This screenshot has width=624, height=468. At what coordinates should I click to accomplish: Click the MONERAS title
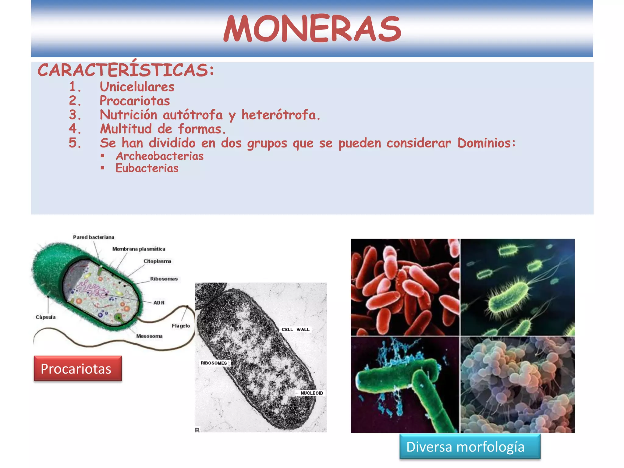(x=312, y=29)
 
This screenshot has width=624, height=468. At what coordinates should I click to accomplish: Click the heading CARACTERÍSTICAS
(x=126, y=70)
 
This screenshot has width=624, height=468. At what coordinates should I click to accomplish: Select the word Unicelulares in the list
(x=137, y=87)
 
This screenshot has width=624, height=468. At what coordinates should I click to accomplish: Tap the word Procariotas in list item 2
(x=135, y=101)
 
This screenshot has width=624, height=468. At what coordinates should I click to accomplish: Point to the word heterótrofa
(x=280, y=115)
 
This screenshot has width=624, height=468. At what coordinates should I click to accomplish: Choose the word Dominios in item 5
(x=486, y=143)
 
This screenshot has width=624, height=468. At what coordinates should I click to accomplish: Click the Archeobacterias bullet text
(x=160, y=156)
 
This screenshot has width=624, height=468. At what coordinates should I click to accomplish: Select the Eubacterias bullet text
(x=147, y=168)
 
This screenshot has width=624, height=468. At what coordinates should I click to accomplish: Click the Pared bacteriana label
(x=94, y=237)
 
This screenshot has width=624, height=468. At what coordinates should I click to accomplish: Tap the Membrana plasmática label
(x=139, y=249)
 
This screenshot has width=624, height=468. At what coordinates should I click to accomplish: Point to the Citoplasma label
(x=157, y=261)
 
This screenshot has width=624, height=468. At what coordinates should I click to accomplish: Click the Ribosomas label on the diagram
(x=164, y=279)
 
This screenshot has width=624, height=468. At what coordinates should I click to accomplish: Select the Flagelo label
(x=181, y=326)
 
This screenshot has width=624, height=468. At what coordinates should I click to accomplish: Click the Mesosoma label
(x=149, y=336)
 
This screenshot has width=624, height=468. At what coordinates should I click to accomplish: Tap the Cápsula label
(x=46, y=317)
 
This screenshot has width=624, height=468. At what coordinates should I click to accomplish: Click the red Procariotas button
(x=78, y=368)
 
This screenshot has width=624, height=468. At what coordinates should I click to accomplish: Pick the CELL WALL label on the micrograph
(x=295, y=329)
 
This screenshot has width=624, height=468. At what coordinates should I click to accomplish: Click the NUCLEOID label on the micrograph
(x=311, y=393)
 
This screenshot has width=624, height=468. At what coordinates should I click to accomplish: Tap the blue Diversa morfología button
(x=470, y=447)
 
